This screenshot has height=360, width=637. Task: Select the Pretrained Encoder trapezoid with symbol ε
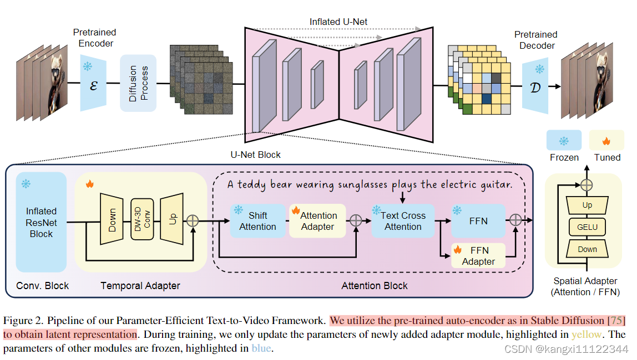pos(93,83)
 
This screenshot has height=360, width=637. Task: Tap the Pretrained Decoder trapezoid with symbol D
pos(536,83)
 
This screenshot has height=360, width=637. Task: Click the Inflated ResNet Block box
pos(42,222)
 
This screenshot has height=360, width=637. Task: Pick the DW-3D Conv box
pos(142,219)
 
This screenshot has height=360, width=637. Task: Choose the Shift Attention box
pos(257,221)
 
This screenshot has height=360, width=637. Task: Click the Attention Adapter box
pos(317,221)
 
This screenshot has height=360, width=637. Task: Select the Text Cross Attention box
pos(403,221)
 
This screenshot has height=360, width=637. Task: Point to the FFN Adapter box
pos(478,255)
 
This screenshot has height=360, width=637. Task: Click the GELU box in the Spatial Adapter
pos(587,227)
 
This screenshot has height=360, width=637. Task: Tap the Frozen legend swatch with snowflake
pos(564,141)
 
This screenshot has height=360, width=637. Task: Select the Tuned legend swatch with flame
pos(606,141)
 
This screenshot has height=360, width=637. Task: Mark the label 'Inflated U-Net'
pos(338,22)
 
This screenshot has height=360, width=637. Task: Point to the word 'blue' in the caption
pos(262,348)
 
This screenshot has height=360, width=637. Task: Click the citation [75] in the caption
pos(616,320)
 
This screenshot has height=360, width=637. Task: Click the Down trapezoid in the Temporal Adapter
pos(112,219)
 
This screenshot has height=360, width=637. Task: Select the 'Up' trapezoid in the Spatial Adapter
pos(587,205)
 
